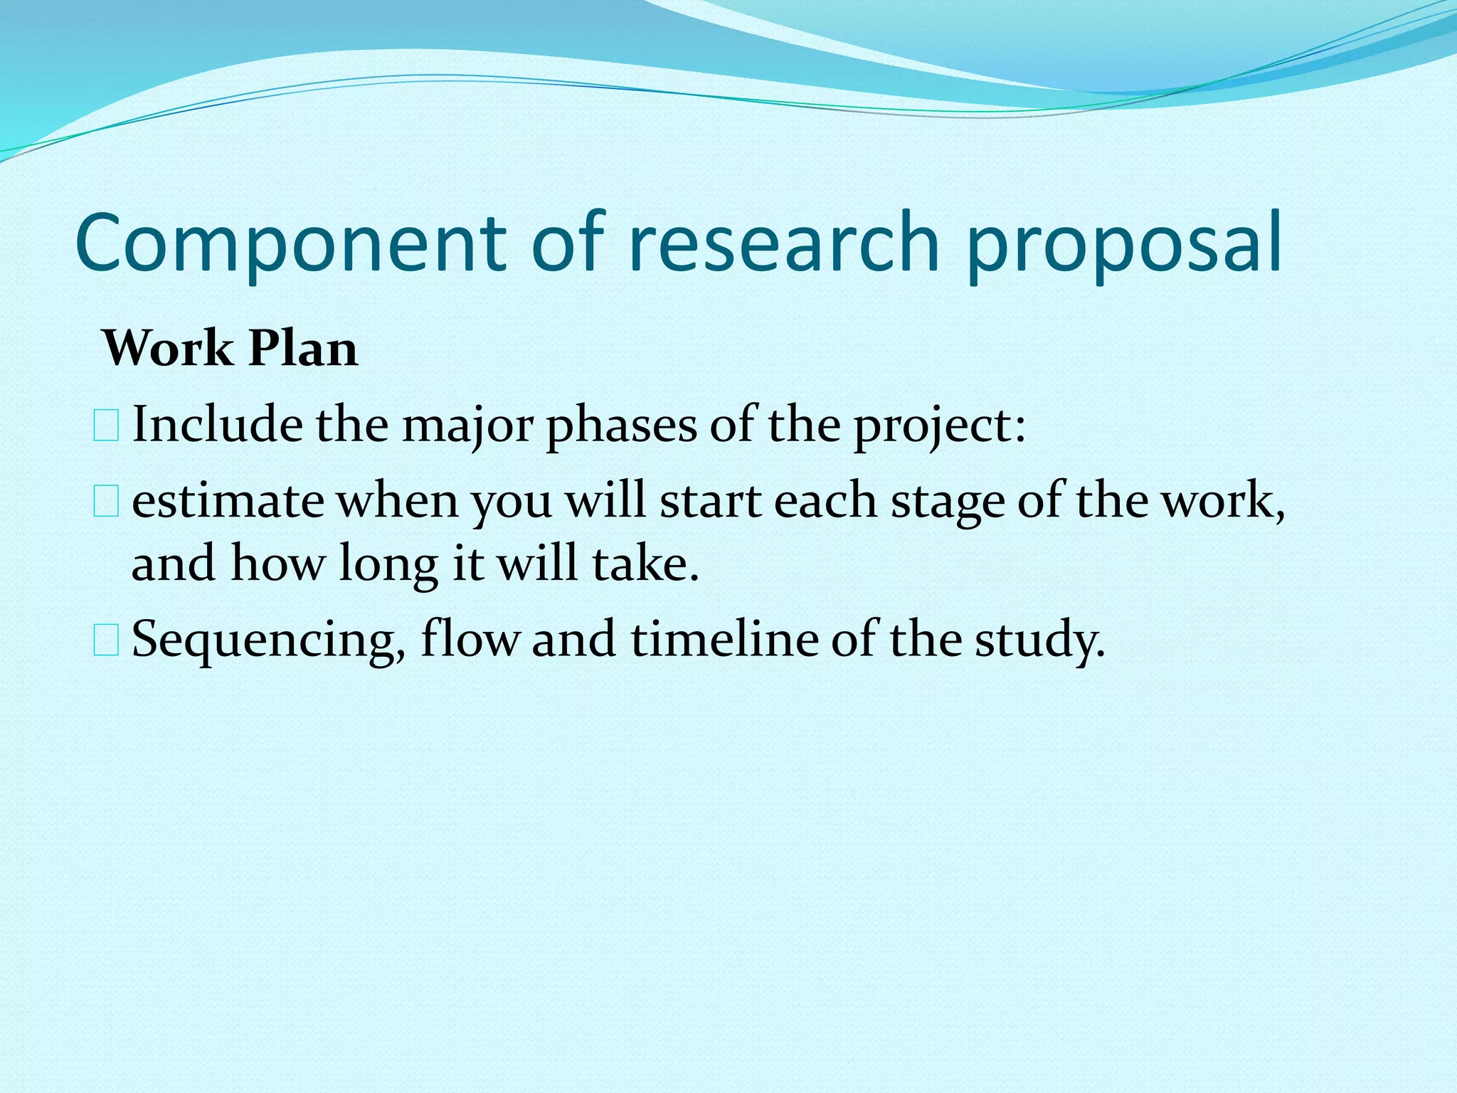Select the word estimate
(x=228, y=502)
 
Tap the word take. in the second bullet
(x=645, y=564)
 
